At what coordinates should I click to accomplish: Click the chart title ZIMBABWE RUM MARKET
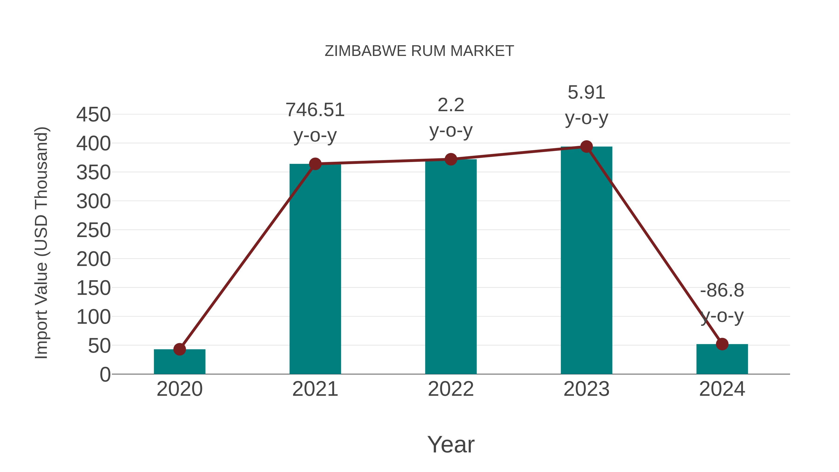419,51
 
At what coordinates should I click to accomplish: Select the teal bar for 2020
179,362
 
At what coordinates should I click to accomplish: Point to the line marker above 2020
179,349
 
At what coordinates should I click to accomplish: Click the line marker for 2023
586,147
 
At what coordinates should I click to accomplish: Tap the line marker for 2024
722,344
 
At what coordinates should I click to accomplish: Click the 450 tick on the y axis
93,115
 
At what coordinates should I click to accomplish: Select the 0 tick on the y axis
105,374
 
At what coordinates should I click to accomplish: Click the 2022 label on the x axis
451,389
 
